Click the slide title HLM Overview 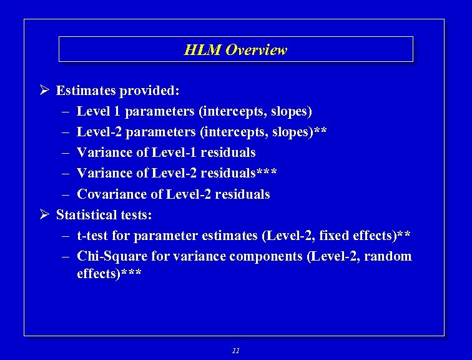(x=235, y=50)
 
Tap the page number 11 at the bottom (x=235, y=351)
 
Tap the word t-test (x=94, y=236)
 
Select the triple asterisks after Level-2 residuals (x=267, y=172)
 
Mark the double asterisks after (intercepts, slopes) (x=320, y=131)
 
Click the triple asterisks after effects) (x=132, y=273)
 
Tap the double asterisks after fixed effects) (x=404, y=235)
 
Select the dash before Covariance (x=66, y=194)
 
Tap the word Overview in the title (x=256, y=50)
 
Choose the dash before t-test (x=66, y=236)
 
